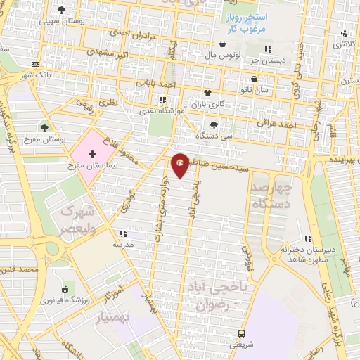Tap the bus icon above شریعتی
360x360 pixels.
(x=242, y=333)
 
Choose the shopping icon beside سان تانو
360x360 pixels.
(x=253, y=79)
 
